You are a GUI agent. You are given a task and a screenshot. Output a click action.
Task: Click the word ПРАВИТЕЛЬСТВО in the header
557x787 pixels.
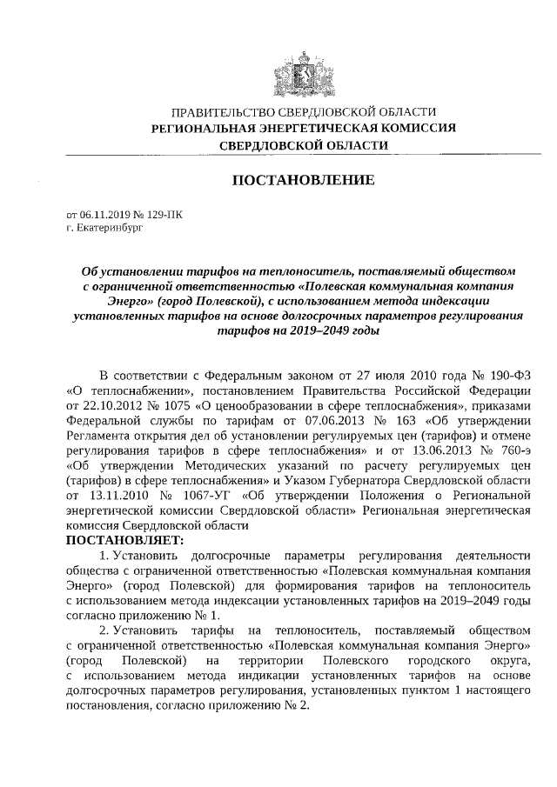(222, 112)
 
